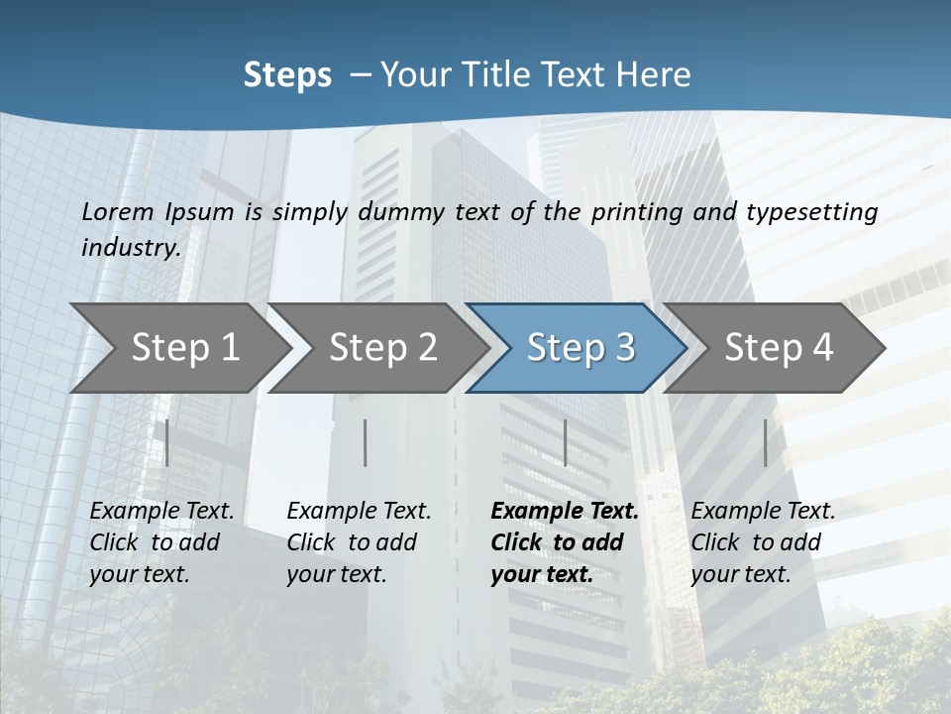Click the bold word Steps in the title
point(287,75)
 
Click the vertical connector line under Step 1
point(166,442)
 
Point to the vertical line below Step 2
point(365,442)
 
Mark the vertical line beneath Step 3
point(565,442)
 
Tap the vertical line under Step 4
point(765,442)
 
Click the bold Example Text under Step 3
point(565,511)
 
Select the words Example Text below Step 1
point(161,511)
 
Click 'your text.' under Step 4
point(740,574)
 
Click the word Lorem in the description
point(118,211)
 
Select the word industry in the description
point(130,247)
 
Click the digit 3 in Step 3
point(624,347)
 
